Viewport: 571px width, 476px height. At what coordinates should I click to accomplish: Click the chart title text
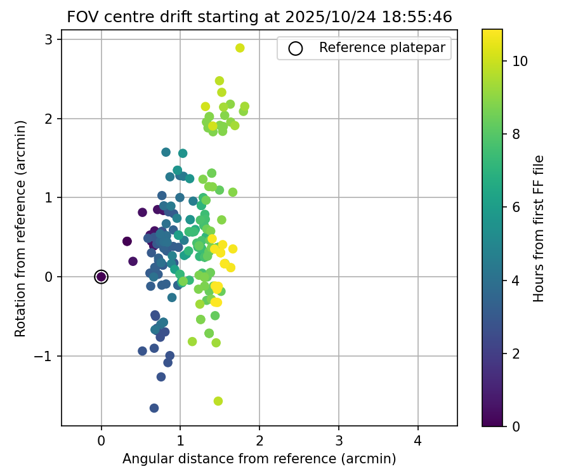[x=259, y=17]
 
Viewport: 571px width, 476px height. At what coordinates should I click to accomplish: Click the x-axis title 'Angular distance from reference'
[x=259, y=459]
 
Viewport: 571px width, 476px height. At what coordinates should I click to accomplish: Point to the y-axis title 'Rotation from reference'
[x=20, y=227]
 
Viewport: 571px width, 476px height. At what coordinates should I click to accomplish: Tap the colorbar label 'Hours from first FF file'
[x=539, y=228]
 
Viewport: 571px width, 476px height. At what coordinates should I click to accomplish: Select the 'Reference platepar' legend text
[x=381, y=48]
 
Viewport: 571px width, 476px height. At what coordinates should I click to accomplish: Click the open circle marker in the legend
[x=295, y=48]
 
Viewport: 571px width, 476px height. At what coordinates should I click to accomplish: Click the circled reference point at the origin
[x=101, y=277]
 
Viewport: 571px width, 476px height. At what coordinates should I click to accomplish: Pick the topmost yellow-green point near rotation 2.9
[x=240, y=48]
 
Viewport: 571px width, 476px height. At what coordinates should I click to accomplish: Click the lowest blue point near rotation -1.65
[x=154, y=408]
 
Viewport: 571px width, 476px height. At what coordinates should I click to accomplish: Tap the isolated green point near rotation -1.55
[x=218, y=401]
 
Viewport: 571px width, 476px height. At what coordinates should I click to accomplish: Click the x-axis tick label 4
[x=417, y=441]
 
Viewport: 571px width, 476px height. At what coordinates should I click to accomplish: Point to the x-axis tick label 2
[x=259, y=441]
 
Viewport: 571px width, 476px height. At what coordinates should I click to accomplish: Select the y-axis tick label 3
[x=49, y=39]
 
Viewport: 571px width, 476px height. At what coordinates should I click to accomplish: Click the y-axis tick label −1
[x=44, y=356]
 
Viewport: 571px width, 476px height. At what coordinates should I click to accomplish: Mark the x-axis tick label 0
[x=101, y=441]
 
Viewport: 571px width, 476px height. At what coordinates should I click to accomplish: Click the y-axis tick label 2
[x=49, y=119]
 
